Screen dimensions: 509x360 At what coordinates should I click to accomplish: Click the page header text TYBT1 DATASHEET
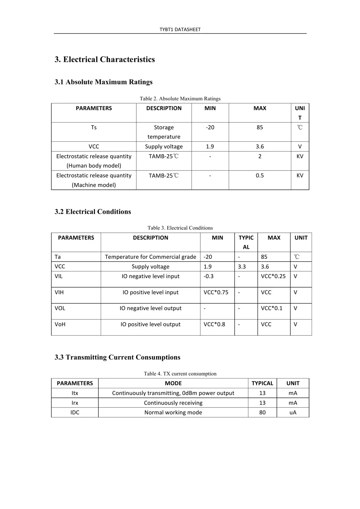(x=180, y=29)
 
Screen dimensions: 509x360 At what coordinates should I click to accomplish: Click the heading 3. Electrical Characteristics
(x=105, y=59)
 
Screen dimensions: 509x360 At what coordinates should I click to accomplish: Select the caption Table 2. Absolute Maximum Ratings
(x=180, y=99)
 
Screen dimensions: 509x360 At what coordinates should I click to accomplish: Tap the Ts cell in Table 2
(x=94, y=127)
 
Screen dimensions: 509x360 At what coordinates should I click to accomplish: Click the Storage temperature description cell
(x=164, y=132)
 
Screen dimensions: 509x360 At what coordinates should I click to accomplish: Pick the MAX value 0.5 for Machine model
(x=260, y=175)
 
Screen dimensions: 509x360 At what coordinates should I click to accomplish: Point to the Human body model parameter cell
(x=94, y=161)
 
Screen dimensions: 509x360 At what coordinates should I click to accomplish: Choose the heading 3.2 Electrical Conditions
(x=93, y=212)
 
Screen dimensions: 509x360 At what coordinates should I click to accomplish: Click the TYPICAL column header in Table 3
(x=246, y=242)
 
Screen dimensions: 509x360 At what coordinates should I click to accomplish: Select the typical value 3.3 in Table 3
(x=242, y=266)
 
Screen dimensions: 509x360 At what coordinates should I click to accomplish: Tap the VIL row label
(x=59, y=276)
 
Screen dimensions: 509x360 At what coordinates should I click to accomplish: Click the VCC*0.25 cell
(x=273, y=276)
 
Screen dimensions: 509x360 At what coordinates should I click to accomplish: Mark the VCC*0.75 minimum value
(x=216, y=292)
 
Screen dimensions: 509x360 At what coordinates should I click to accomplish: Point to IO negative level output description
(x=151, y=308)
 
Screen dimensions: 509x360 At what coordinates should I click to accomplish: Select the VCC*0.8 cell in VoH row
(x=214, y=324)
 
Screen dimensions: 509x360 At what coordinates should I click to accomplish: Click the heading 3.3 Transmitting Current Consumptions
(x=117, y=357)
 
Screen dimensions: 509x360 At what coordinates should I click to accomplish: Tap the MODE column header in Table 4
(x=173, y=383)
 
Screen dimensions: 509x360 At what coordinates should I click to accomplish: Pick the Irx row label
(x=75, y=403)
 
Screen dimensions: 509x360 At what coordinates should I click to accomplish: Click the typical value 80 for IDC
(x=262, y=412)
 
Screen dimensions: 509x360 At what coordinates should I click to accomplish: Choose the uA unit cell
(x=293, y=412)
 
